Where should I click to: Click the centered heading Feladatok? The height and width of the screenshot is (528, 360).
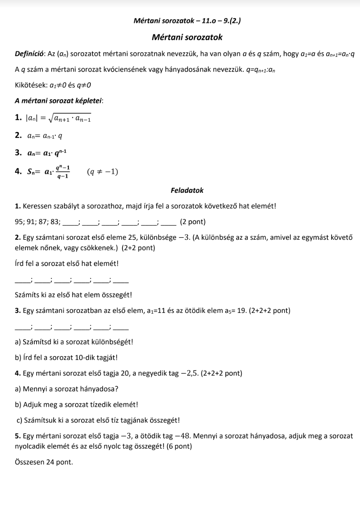pyautogui.click(x=187, y=190)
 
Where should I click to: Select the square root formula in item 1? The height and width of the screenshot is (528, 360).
pyautogui.click(x=69, y=118)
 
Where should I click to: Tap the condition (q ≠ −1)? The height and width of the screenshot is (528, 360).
pyautogui.click(x=102, y=172)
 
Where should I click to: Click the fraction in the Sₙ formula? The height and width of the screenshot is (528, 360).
pyautogui.click(x=62, y=172)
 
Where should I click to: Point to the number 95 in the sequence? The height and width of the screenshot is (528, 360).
pyautogui.click(x=19, y=222)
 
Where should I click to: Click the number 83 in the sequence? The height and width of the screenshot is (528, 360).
pyautogui.click(x=55, y=222)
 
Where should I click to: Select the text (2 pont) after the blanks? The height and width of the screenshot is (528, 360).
pyautogui.click(x=193, y=222)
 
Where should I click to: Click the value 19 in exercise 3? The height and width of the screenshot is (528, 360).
pyautogui.click(x=241, y=311)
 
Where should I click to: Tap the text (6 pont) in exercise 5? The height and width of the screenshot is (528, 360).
pyautogui.click(x=179, y=446)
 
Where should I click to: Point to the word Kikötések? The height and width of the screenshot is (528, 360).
pyautogui.click(x=31, y=85)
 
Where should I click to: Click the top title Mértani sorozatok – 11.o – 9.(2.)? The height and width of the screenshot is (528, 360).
pyautogui.click(x=187, y=21)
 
